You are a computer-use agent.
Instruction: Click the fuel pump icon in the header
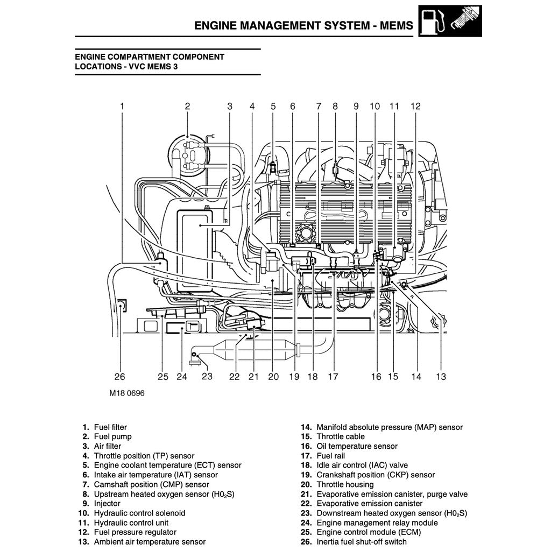(x=434, y=21)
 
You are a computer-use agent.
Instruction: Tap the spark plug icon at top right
(x=466, y=21)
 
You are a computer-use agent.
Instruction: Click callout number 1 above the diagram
(x=122, y=107)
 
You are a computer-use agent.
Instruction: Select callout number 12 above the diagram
(x=415, y=107)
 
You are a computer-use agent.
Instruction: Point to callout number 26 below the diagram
(x=119, y=377)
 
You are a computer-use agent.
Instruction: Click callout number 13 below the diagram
(x=441, y=377)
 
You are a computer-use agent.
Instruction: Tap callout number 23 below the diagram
(x=207, y=376)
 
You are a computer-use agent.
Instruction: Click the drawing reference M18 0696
(x=127, y=393)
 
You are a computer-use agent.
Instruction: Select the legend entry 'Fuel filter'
(x=110, y=427)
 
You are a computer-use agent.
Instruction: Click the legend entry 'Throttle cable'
(x=340, y=437)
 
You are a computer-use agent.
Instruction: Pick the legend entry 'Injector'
(x=107, y=504)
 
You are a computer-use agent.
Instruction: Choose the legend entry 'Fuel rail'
(x=330, y=456)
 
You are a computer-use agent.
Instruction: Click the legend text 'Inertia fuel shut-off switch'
(x=362, y=542)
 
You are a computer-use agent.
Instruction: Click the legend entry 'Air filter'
(x=108, y=446)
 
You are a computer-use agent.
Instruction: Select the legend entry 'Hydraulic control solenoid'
(x=139, y=513)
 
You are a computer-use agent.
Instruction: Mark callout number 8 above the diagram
(x=335, y=107)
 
